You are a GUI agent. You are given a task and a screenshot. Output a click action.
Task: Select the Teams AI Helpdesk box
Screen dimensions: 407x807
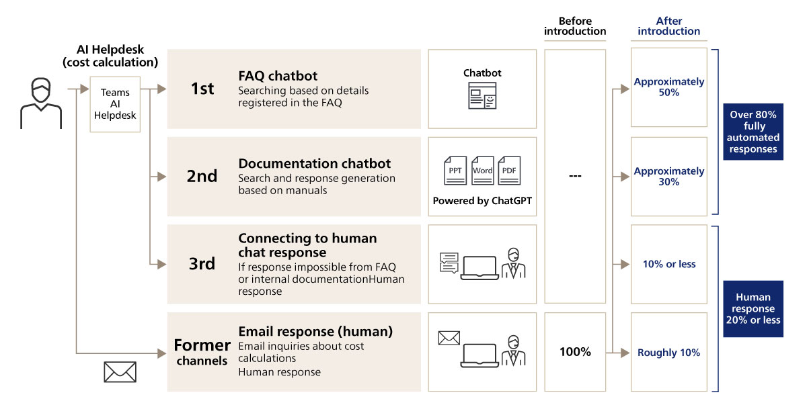click(x=115, y=104)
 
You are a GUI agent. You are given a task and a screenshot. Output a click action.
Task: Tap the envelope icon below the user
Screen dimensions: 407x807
click(x=120, y=371)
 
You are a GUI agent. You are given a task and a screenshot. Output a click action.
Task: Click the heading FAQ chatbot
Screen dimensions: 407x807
click(x=278, y=75)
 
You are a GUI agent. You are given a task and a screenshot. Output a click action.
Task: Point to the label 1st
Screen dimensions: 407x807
click(x=202, y=88)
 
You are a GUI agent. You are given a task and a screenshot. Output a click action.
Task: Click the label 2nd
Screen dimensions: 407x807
click(x=202, y=177)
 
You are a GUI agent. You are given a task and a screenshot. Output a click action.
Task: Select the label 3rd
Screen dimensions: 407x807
click(x=202, y=264)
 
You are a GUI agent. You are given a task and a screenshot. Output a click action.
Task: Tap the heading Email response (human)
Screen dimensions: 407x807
click(x=315, y=332)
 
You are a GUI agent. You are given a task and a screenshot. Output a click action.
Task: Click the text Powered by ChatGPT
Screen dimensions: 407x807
click(x=482, y=201)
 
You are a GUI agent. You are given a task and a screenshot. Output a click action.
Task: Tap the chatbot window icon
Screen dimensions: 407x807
click(x=482, y=95)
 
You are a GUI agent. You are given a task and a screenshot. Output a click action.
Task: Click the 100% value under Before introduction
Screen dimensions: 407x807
click(x=575, y=352)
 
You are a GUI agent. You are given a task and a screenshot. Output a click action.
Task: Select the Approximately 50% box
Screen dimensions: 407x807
click(x=668, y=87)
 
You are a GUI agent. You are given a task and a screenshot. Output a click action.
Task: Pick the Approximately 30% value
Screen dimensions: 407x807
click(x=668, y=177)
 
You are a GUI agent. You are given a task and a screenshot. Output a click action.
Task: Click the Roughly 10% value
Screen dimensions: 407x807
click(x=668, y=353)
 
